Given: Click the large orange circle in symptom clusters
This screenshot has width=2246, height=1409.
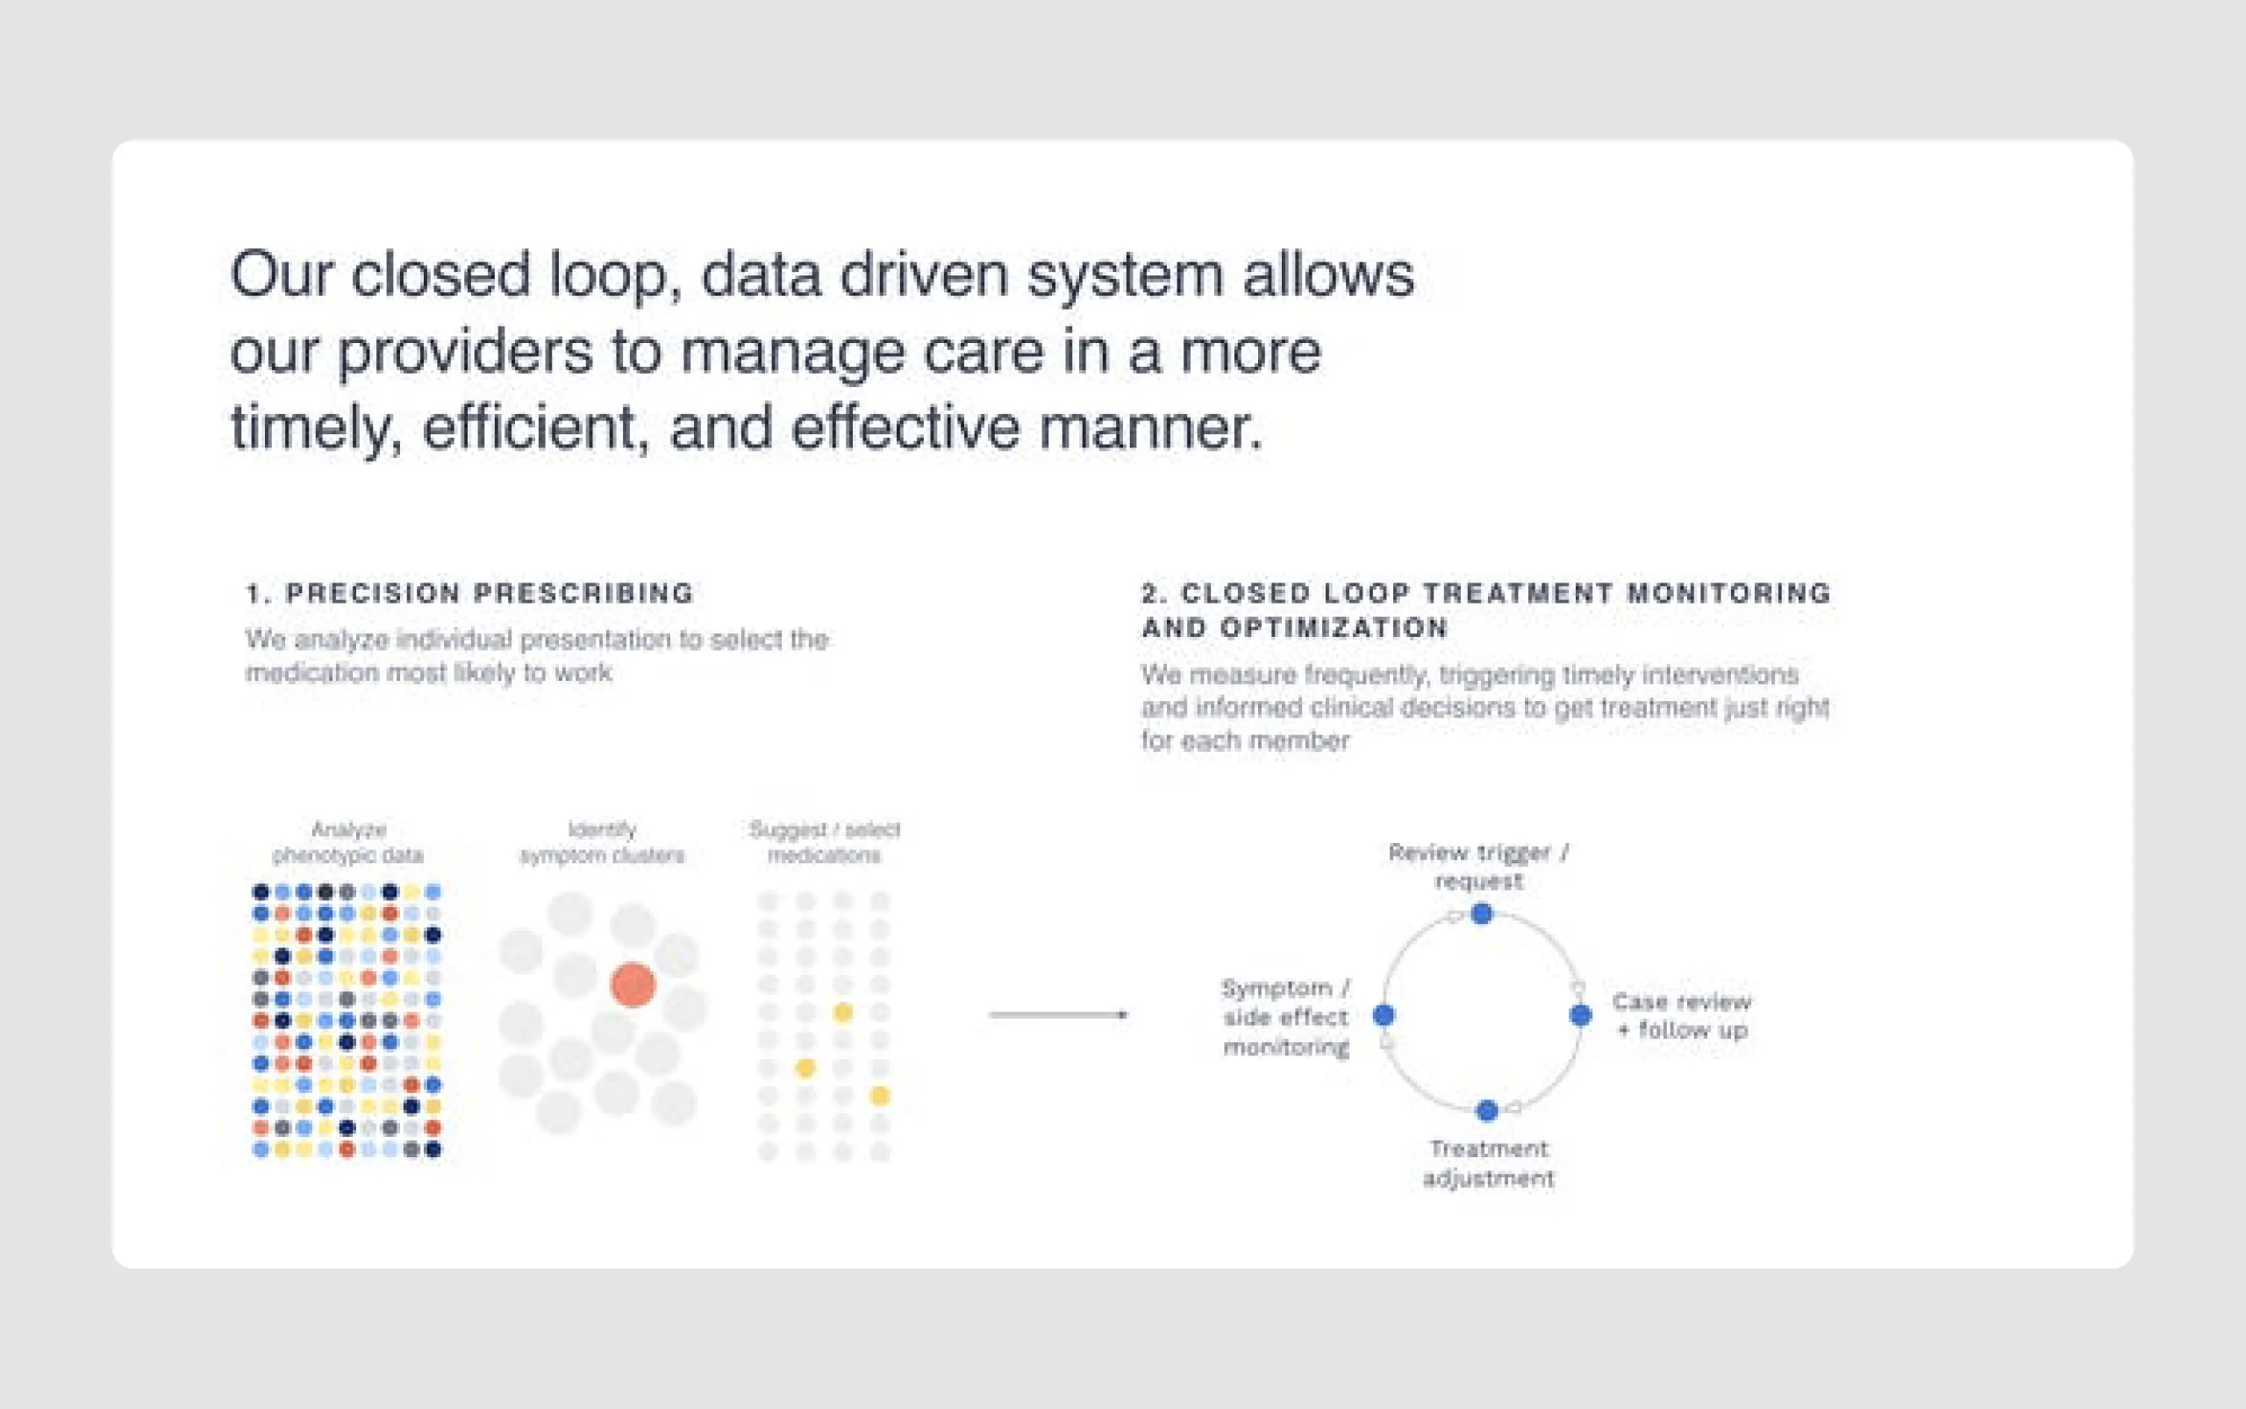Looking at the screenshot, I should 633,984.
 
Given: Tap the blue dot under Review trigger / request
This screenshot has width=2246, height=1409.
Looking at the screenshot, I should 1482,914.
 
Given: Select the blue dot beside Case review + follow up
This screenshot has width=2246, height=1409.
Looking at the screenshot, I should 1581,1015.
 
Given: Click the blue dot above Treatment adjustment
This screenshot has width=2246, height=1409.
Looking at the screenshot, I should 1487,1110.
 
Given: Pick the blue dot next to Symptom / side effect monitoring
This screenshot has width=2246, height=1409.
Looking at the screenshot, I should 1384,1015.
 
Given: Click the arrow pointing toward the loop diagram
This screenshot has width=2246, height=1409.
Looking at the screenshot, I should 1058,1014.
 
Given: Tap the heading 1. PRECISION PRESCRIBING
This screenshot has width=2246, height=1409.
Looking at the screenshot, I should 469,593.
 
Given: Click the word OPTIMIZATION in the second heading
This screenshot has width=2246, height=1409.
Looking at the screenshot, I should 1334,628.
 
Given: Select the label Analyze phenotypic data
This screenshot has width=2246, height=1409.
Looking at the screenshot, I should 347,841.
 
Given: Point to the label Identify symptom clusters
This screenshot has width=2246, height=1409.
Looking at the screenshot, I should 602,841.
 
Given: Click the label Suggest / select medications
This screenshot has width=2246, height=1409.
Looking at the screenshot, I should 824,841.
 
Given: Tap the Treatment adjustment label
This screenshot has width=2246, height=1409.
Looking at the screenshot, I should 1488,1163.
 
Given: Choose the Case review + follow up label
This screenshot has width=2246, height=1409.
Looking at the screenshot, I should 1681,1016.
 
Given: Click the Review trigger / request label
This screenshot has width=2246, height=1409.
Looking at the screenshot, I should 1479,866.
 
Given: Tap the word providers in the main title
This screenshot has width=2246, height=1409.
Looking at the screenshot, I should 464,354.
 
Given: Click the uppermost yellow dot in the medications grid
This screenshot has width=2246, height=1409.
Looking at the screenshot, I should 842,1012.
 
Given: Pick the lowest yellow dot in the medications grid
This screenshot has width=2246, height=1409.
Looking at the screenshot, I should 880,1096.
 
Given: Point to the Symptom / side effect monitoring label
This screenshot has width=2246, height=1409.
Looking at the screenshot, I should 1286,1017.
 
